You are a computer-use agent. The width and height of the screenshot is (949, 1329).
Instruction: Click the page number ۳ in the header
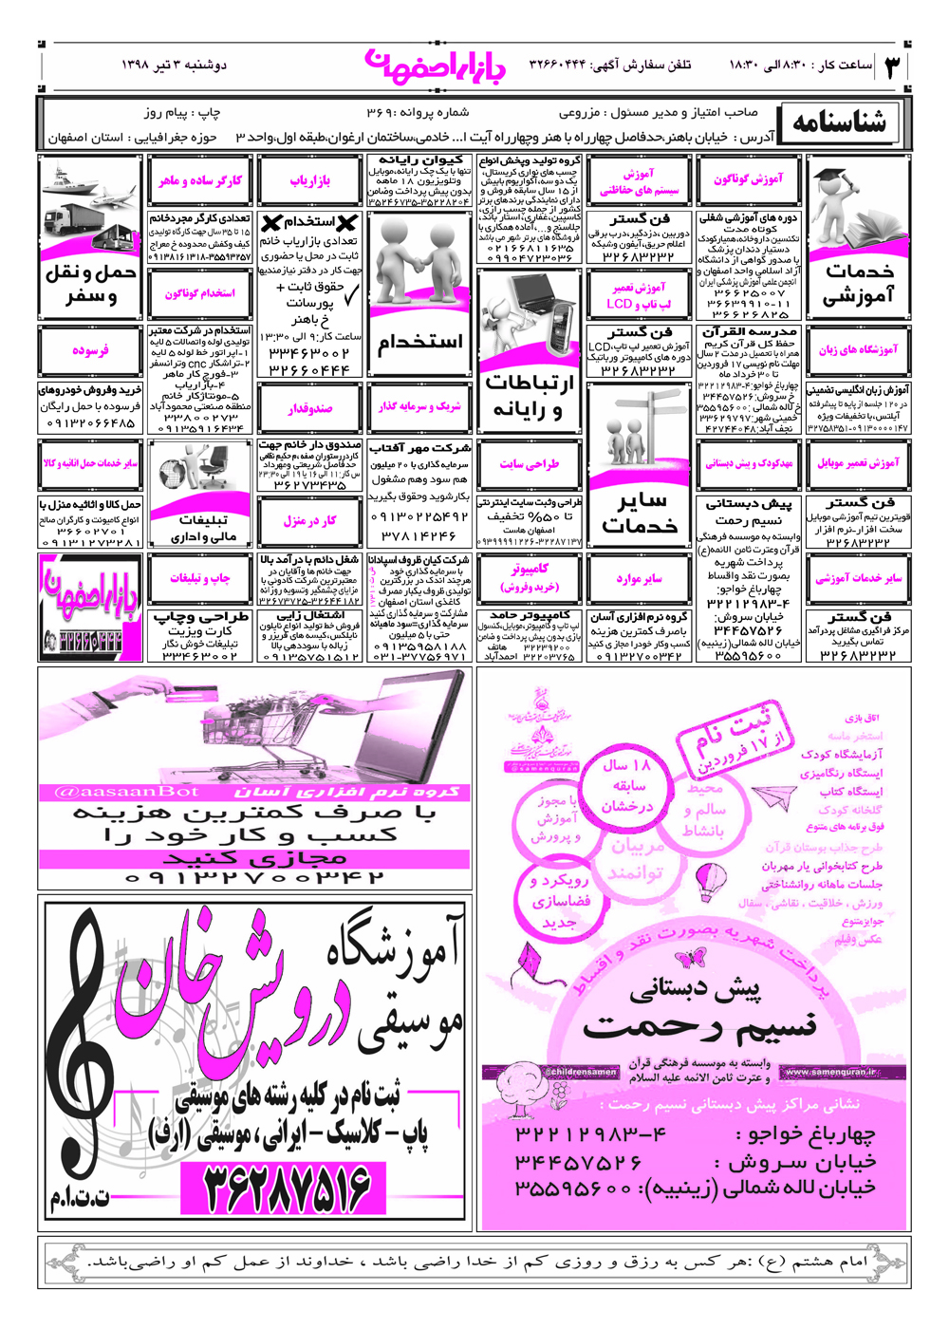coord(892,66)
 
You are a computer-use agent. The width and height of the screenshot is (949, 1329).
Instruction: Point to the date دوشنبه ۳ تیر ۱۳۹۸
coord(174,65)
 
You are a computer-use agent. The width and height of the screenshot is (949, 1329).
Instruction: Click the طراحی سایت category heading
coord(529,465)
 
